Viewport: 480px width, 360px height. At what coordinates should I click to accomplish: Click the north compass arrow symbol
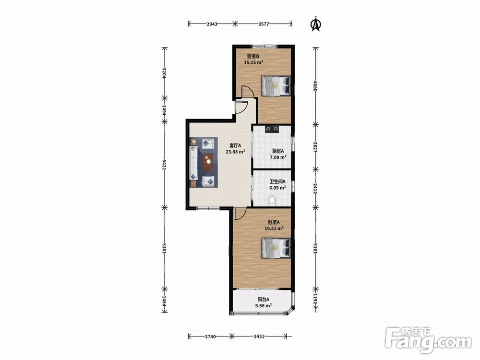point(316,24)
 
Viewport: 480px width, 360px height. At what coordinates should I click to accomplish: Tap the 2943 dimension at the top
point(212,24)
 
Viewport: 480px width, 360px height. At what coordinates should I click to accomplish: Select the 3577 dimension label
point(263,24)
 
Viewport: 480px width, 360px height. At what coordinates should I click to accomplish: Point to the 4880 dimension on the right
point(316,86)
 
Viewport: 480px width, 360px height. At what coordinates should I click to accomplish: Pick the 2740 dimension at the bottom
point(210,336)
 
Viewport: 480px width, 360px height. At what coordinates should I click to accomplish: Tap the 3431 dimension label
point(259,336)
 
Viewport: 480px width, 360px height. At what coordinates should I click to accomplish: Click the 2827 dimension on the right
point(316,147)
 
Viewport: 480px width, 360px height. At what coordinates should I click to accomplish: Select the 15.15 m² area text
point(253,62)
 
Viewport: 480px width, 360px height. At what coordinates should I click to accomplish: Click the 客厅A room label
point(235,145)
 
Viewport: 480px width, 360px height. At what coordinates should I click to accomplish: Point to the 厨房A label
point(277,151)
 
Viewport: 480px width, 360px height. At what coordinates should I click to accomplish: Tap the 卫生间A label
point(277,181)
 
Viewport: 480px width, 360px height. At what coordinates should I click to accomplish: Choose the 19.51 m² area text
point(274,228)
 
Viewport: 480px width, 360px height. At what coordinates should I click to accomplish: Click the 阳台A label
point(263,300)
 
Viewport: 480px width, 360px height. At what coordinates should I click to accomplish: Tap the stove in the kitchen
point(272,129)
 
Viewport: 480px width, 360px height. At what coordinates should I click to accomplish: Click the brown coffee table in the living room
point(209,162)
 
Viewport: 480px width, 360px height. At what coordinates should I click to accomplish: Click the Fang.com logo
point(428,340)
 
